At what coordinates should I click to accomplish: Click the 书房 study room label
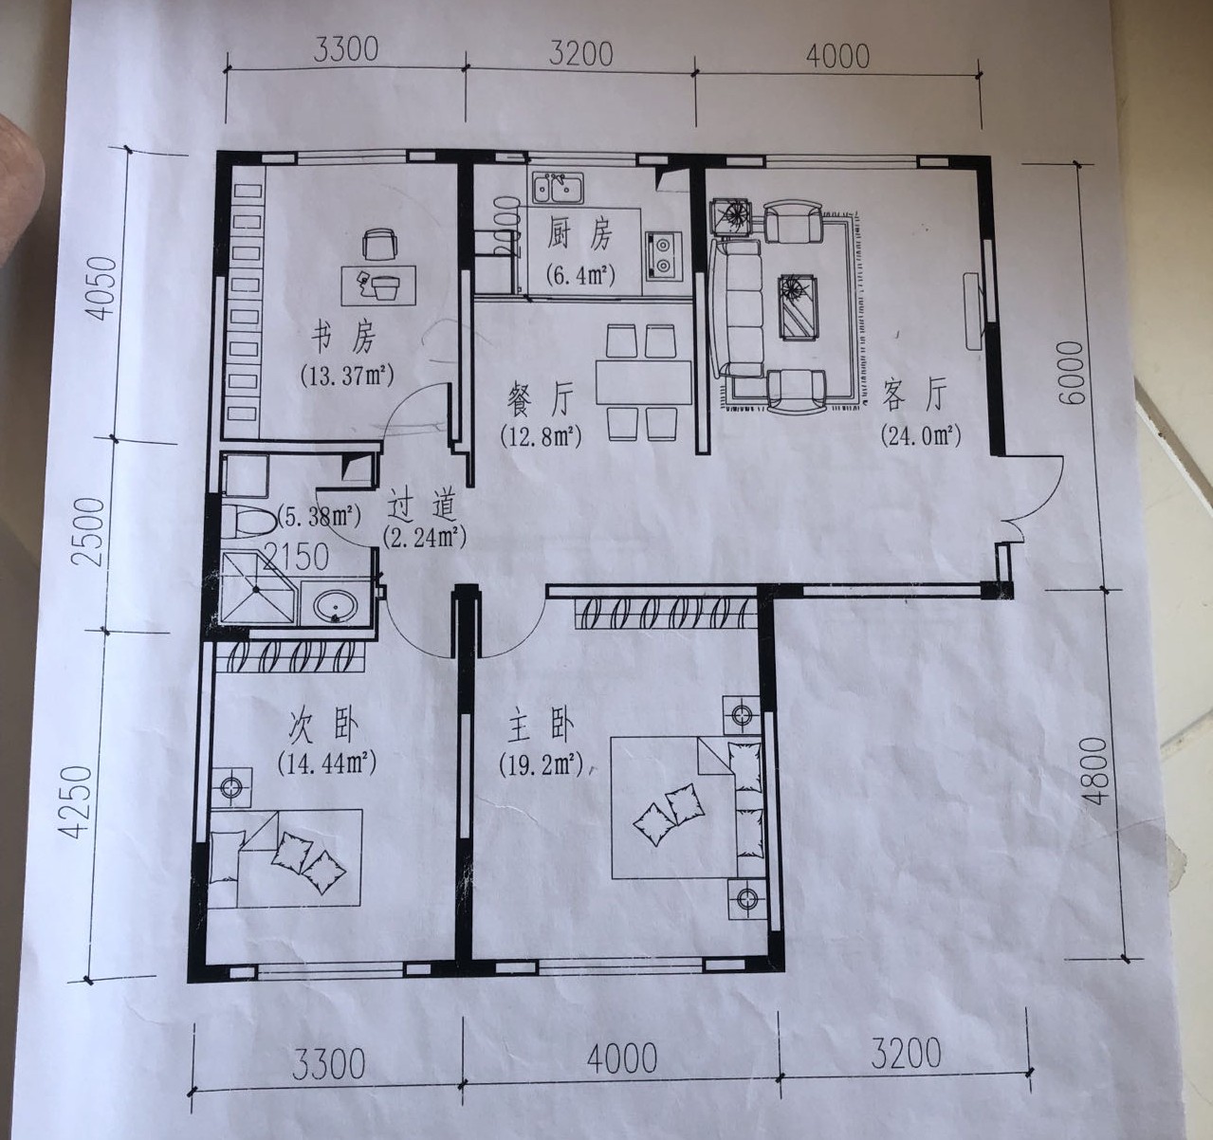[x=343, y=338]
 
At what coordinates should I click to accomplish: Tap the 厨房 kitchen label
[x=579, y=235]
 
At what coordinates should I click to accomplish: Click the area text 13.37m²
[x=347, y=374]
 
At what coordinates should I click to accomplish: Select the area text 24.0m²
[x=921, y=435]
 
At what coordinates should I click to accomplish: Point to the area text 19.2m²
[x=541, y=764]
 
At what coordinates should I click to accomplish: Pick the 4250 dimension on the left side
[x=79, y=802]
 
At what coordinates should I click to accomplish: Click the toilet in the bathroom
[x=248, y=521]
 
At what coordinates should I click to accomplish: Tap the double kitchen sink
[x=558, y=188]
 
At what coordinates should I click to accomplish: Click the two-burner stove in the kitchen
[x=662, y=255]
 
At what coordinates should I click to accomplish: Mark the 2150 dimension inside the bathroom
[x=296, y=557]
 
